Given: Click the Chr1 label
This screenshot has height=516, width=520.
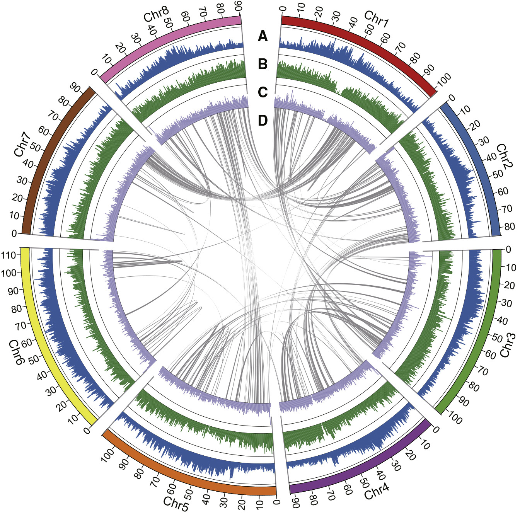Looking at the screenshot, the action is (x=376, y=19).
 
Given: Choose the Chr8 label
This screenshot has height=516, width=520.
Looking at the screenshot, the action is (x=156, y=14).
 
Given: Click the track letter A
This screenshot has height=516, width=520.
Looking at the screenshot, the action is (x=263, y=36).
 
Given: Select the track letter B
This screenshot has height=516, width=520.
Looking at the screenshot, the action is (x=263, y=64).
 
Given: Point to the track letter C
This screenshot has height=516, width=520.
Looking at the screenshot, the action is (x=263, y=92).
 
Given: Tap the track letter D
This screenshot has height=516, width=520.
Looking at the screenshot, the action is (x=263, y=120).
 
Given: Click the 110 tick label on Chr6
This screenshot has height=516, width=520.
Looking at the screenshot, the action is (x=9, y=255).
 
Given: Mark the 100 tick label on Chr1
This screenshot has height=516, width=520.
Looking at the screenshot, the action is (x=443, y=80).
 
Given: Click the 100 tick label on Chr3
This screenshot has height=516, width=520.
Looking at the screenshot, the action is (x=454, y=419).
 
